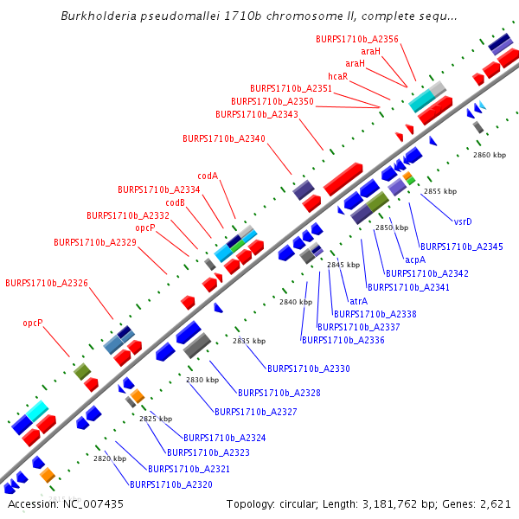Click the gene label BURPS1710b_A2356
[357, 39]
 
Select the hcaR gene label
[337, 76]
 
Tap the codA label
[208, 176]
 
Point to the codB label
[176, 202]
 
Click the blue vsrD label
[463, 221]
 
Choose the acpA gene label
[415, 259]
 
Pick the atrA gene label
[359, 300]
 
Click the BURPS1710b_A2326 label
[47, 283]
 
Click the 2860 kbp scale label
[489, 155]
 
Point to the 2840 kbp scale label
[296, 302]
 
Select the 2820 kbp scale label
[110, 458]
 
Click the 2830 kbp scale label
[202, 380]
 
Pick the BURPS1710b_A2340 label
[224, 138]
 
